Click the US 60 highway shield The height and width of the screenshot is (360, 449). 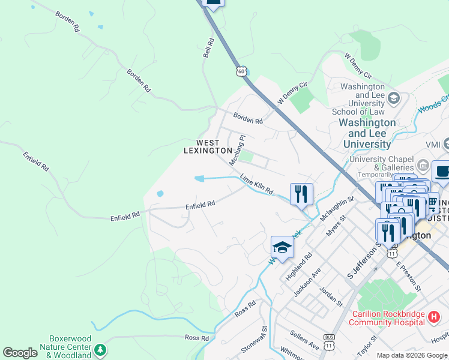click(x=241, y=71)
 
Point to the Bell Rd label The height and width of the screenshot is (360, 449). click(x=208, y=49)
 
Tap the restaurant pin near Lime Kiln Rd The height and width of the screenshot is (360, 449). click(x=301, y=194)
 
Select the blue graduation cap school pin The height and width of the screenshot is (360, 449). click(x=282, y=246)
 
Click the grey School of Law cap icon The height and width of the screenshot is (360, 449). click(x=394, y=98)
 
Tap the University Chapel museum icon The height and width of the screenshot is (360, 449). click(x=422, y=164)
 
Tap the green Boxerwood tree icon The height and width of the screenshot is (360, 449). click(x=100, y=349)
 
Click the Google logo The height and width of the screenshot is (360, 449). click(x=20, y=353)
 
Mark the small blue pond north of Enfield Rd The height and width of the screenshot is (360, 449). click(x=160, y=194)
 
